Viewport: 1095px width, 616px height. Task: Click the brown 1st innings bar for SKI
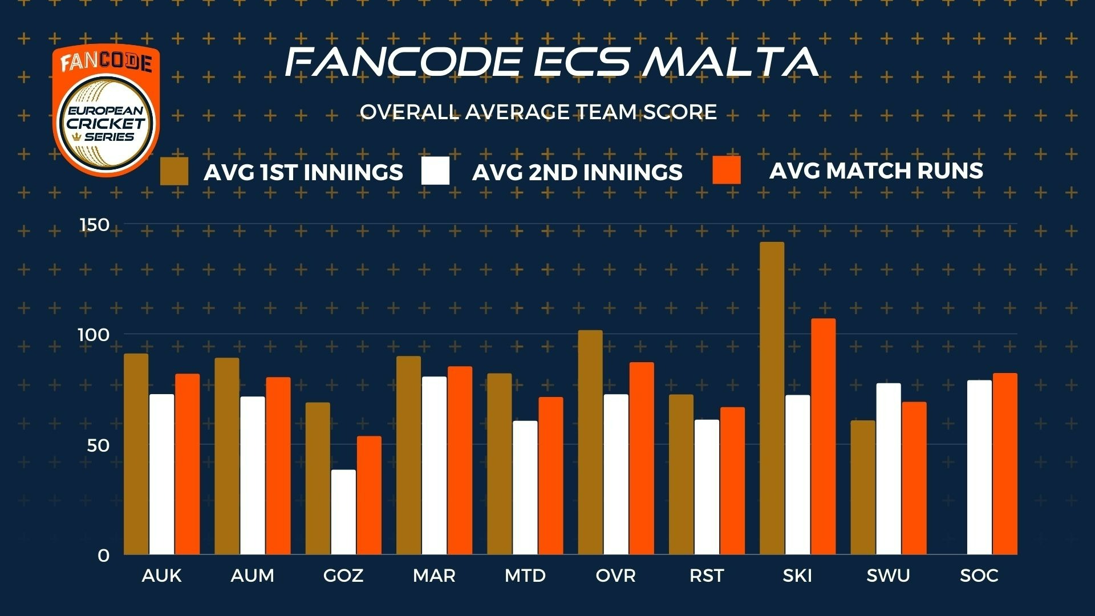[772, 398]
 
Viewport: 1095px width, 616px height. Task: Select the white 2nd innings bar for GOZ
[343, 512]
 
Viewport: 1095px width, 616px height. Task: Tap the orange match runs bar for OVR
[642, 459]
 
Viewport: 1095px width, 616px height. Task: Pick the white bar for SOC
[979, 467]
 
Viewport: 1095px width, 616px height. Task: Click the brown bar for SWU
[863, 488]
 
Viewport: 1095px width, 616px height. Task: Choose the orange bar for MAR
[460, 460]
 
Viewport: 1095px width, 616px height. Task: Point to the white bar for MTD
[525, 488]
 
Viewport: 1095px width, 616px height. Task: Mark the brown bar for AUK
[136, 454]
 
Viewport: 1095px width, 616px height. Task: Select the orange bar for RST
[732, 481]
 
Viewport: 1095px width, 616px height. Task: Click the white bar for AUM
[253, 476]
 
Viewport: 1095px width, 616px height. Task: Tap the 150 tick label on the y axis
[95, 224]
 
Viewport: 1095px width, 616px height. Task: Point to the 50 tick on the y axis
[98, 445]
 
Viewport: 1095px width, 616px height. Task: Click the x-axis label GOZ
[343, 576]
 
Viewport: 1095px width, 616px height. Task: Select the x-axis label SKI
[797, 576]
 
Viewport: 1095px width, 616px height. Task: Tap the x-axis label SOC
[979, 576]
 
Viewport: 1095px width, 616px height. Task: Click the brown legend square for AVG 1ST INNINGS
[174, 171]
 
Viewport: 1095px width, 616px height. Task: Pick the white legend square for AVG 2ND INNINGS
[435, 171]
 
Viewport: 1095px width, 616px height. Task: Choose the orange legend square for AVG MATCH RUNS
[727, 170]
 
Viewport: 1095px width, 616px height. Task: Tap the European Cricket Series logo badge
[106, 110]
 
